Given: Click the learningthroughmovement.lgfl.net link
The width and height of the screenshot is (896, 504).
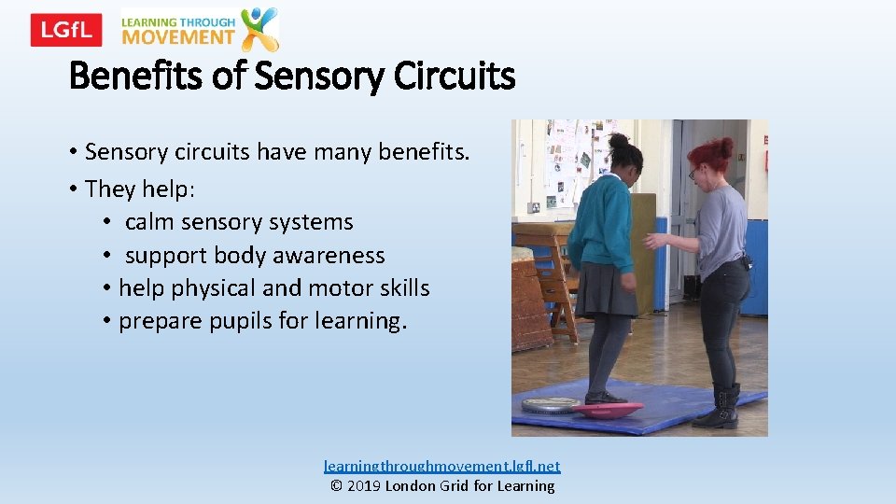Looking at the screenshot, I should pos(441,465).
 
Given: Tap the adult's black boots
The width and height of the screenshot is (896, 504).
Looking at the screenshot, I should pos(719,407).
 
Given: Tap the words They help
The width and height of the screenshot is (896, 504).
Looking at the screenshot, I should pos(137,189).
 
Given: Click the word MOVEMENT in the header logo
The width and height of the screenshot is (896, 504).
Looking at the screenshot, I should pos(178,37).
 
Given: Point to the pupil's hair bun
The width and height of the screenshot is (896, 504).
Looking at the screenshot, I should pos(619,141).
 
